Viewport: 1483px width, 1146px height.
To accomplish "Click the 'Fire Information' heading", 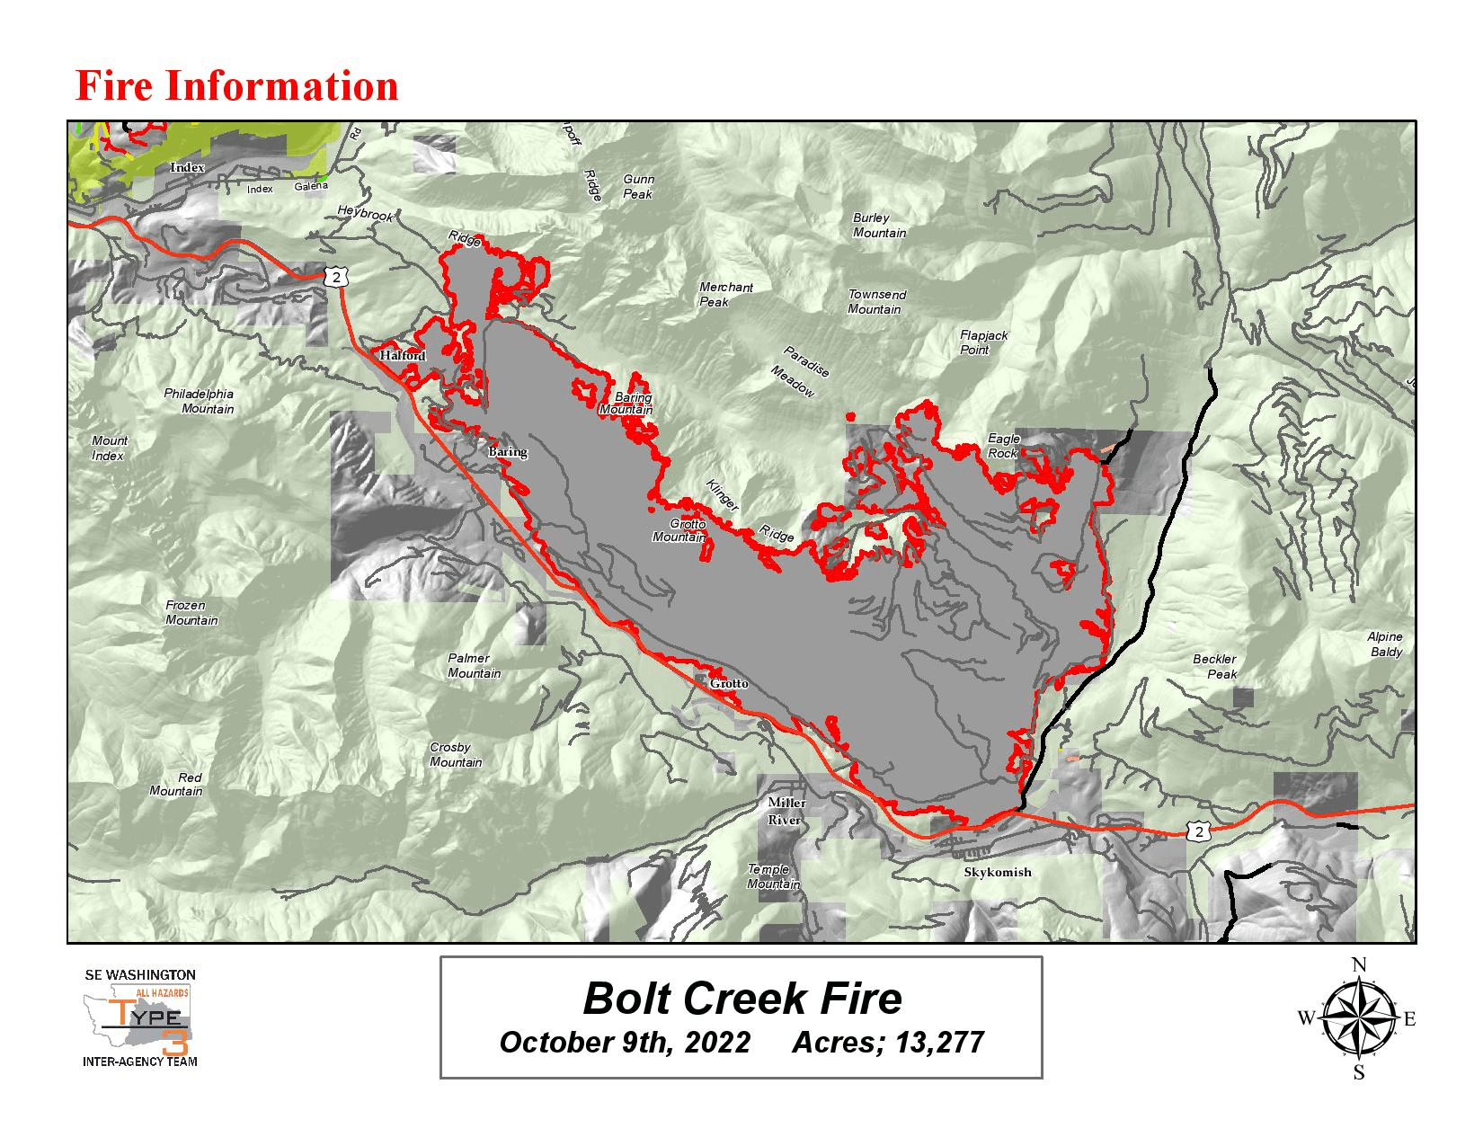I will pos(236,86).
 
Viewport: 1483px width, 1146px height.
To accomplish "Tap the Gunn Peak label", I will pos(638,187).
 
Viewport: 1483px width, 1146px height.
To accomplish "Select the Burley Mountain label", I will pos(878,226).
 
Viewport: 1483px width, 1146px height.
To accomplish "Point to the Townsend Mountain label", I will pos(876,302).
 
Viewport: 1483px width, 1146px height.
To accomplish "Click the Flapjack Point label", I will pos(983,342).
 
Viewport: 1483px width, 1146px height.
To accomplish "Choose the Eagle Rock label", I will pos(1003,446).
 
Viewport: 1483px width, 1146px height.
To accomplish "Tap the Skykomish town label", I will pos(997,872).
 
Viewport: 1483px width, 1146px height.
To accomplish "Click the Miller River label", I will pos(786,811).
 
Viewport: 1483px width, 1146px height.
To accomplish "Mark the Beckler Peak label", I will pos(1214,666).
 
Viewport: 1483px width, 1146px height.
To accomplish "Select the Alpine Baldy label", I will pos(1385,644).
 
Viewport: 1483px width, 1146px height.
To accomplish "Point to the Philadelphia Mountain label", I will pos(199,401).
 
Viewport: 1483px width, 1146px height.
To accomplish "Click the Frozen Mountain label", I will pos(191,613).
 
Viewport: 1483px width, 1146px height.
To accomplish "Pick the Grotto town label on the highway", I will pos(728,684).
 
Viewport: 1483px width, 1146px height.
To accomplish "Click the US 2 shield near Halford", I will pos(336,278).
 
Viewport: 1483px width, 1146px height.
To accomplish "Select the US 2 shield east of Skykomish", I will pos(1197,832).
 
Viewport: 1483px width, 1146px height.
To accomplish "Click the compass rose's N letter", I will pos(1359,965).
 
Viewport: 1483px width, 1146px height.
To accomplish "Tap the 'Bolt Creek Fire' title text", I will pos(741,999).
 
